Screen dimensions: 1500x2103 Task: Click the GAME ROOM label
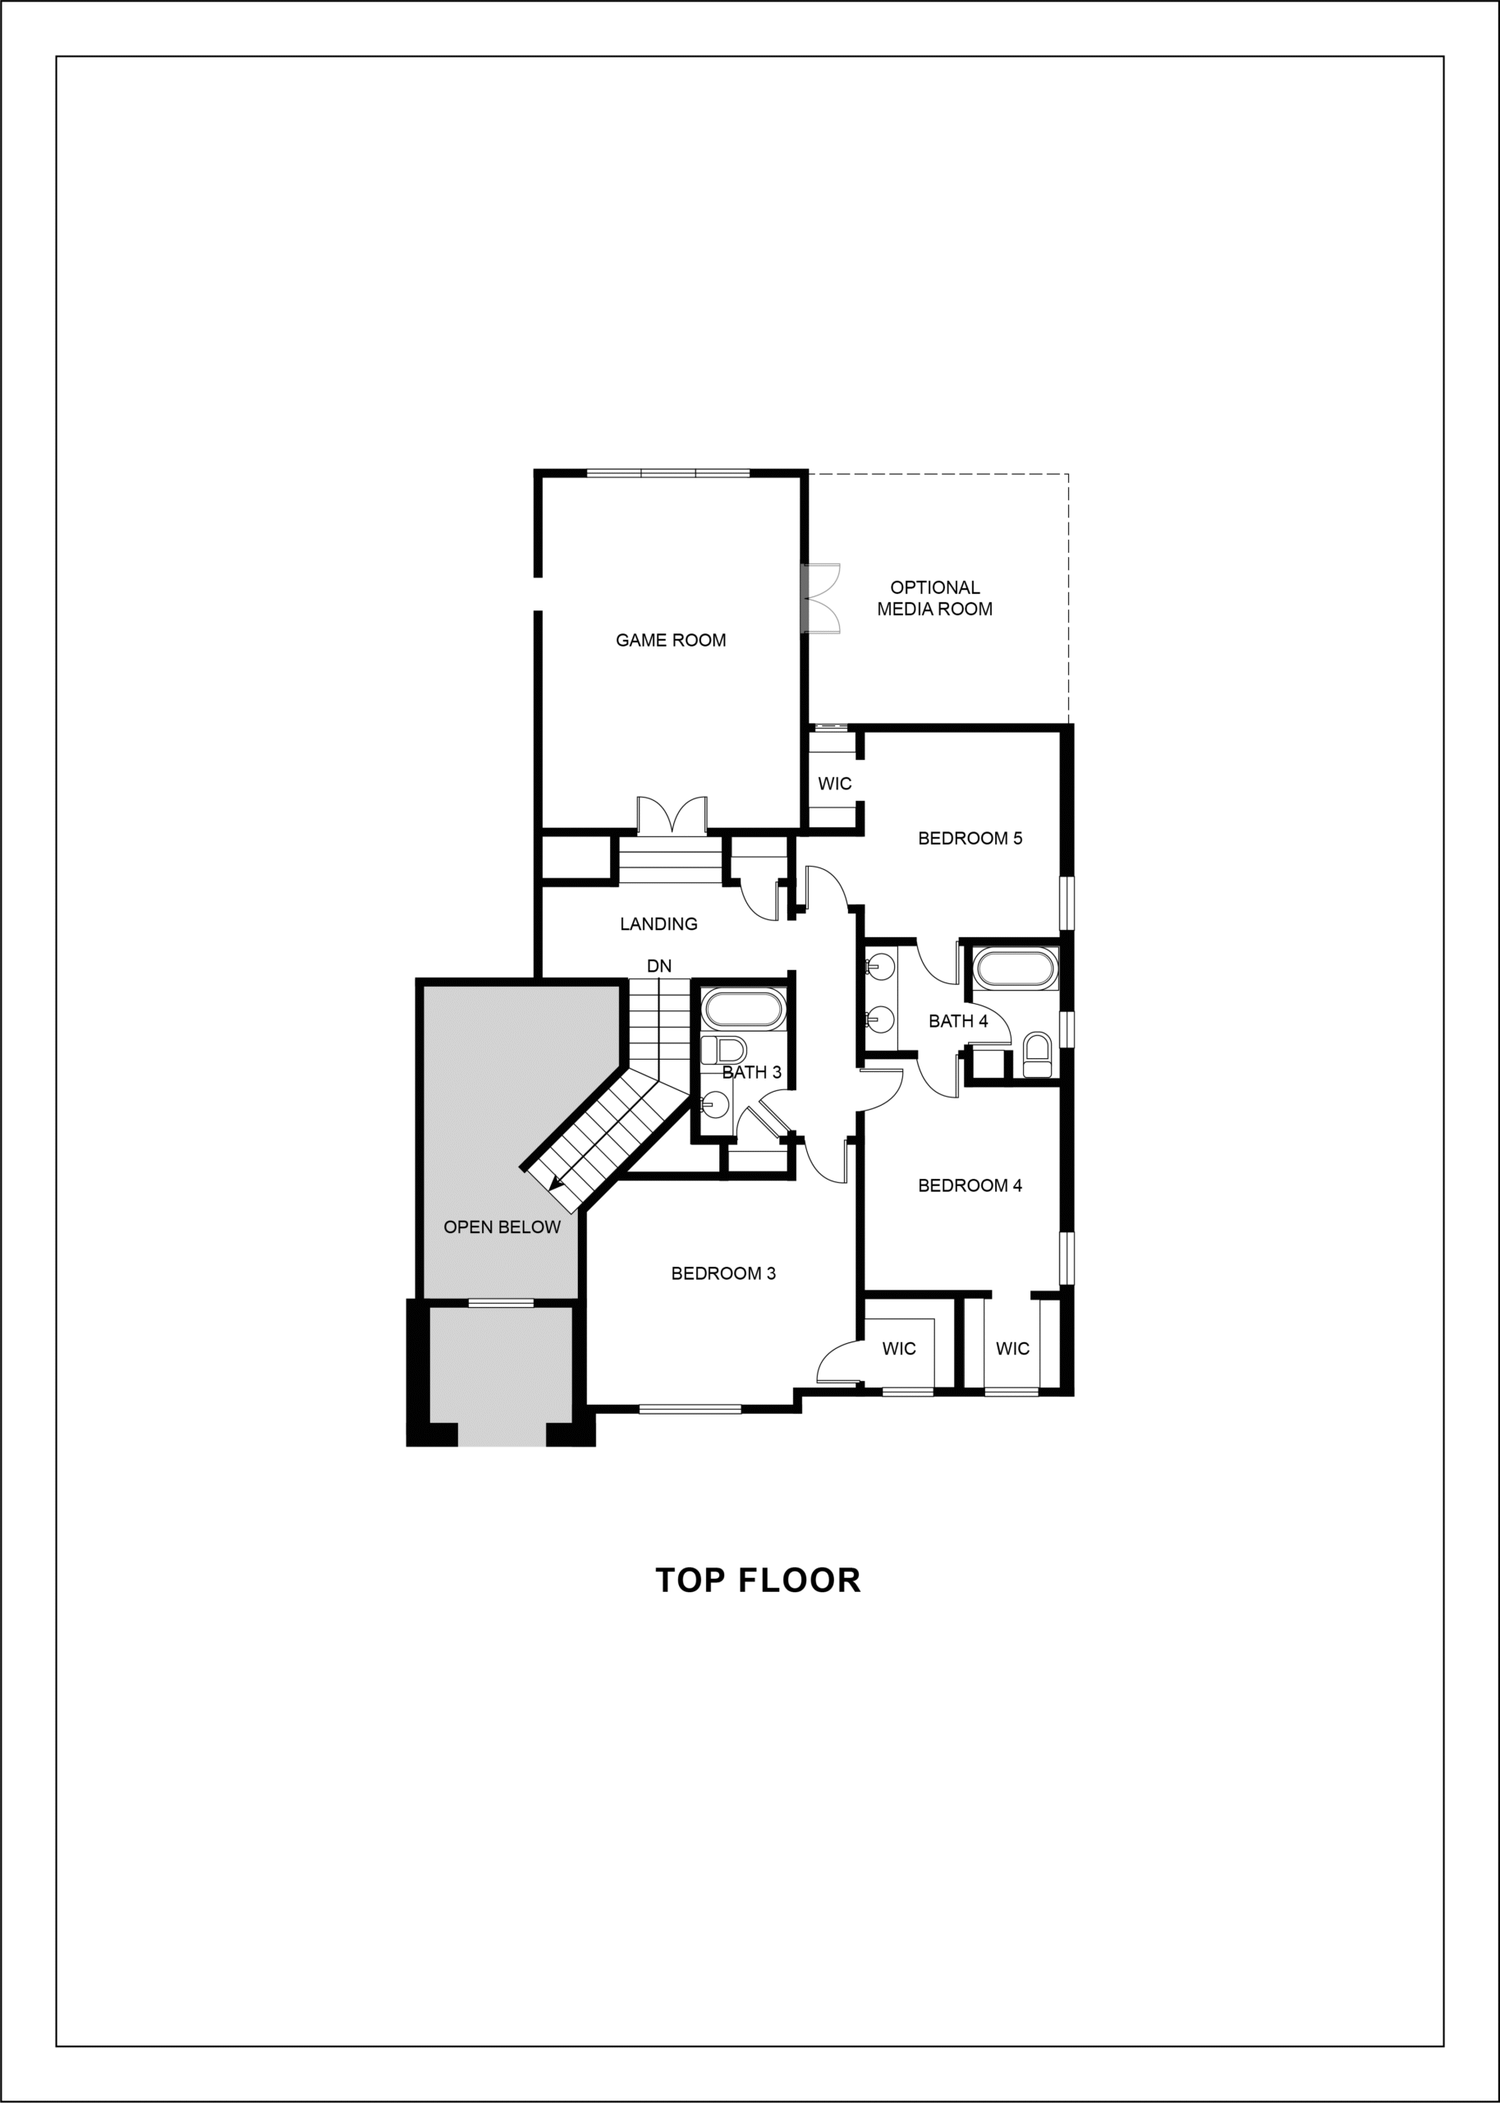(671, 640)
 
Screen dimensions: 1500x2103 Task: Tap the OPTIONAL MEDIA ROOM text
(934, 598)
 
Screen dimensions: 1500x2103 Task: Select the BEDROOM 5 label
(970, 838)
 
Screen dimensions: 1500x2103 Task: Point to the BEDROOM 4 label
(970, 1185)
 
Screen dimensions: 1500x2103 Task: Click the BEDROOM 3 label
(723, 1273)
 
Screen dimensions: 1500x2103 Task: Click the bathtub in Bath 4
(1014, 969)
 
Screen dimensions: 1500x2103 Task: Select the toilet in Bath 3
(724, 1051)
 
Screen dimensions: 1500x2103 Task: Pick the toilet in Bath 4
(1038, 1055)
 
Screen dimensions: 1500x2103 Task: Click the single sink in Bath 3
(712, 1102)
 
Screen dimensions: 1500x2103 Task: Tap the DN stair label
(658, 965)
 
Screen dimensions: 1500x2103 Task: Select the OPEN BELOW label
(502, 1227)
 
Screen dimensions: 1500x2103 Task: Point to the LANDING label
(658, 923)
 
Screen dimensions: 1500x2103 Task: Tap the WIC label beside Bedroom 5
(834, 784)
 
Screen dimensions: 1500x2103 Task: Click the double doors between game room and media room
(820, 598)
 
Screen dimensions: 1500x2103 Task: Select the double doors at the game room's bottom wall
(672, 816)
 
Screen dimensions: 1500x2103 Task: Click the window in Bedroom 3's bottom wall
(690, 1409)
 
